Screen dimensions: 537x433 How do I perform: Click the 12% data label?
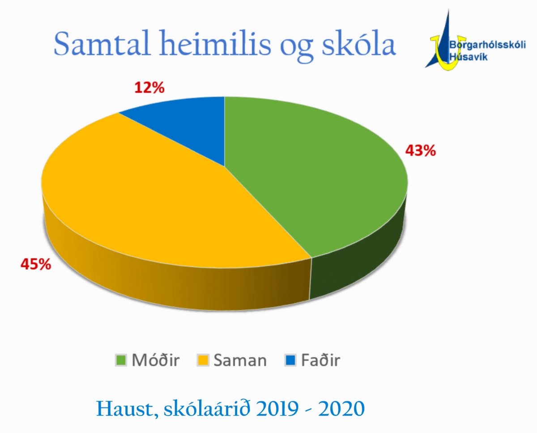tap(149, 88)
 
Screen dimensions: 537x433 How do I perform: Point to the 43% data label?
tap(421, 151)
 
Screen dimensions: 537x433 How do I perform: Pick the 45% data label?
tap(36, 264)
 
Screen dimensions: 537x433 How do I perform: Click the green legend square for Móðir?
tap(121, 360)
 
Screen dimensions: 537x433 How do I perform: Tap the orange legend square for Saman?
tap(203, 360)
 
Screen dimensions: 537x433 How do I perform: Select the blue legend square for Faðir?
tap(290, 360)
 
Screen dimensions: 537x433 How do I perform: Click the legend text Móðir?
tap(156, 360)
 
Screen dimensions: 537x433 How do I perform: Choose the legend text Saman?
tap(240, 360)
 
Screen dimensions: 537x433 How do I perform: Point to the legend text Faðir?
tap(320, 360)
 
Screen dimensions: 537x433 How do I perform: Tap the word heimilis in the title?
tap(215, 43)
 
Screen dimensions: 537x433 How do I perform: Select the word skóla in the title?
tap(358, 43)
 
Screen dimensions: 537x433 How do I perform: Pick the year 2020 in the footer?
tap(341, 408)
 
